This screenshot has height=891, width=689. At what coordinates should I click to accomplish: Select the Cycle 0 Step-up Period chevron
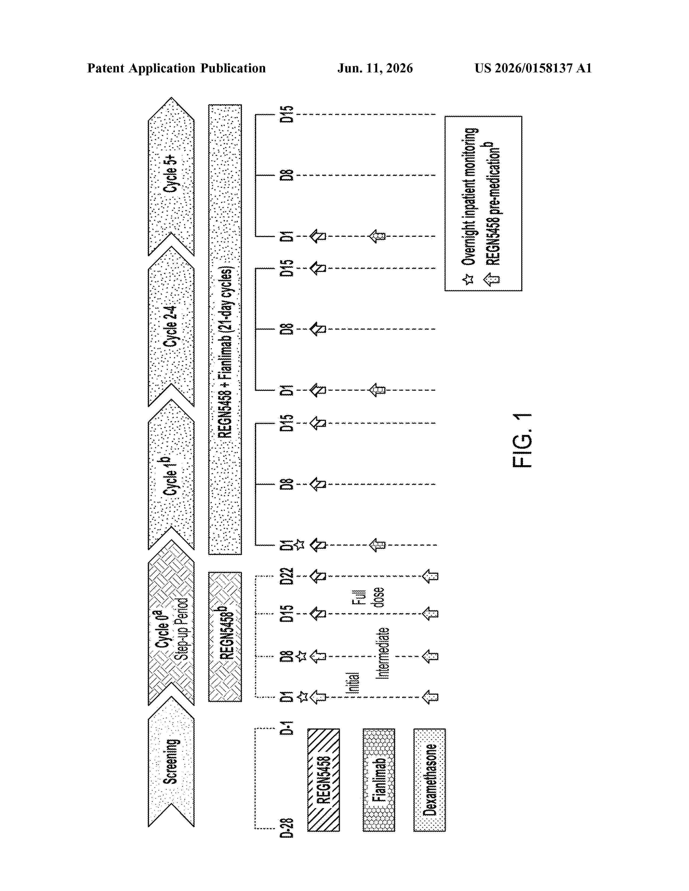(x=171, y=623)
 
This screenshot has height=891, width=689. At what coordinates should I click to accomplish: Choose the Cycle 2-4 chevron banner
(x=171, y=326)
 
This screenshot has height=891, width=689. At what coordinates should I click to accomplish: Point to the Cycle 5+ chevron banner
(x=171, y=176)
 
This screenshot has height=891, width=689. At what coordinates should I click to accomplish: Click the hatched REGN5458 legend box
(x=323, y=780)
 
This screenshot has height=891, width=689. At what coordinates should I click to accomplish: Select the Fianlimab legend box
(x=379, y=780)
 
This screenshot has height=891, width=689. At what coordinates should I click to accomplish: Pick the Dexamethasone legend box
(x=429, y=780)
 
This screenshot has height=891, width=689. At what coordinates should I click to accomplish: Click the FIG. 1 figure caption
(x=522, y=440)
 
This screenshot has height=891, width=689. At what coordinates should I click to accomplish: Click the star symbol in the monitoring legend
(x=469, y=279)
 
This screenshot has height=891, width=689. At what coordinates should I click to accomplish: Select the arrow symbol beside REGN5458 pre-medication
(x=491, y=279)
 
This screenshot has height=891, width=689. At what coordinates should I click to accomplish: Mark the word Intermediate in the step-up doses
(x=382, y=653)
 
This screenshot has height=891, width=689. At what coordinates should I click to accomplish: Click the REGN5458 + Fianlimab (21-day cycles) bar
(x=225, y=330)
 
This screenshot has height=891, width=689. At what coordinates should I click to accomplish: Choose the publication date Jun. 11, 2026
(x=375, y=68)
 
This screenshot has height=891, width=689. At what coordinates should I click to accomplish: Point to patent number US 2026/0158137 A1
(x=533, y=68)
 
